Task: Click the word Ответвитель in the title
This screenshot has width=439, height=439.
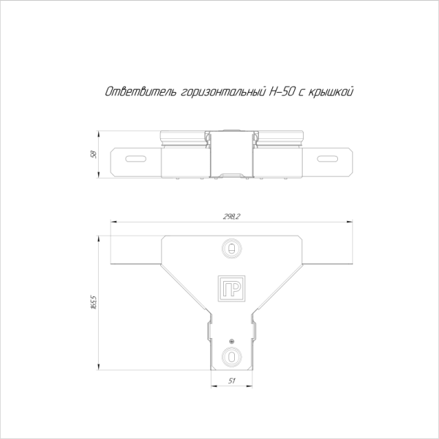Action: point(140,91)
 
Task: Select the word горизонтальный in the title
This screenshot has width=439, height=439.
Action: point(223,92)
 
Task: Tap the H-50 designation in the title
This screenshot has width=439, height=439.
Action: point(282,91)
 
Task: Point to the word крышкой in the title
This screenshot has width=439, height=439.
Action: point(331,92)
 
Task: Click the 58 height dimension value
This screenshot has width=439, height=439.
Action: point(94,154)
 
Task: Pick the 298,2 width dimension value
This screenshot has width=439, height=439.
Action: point(231,217)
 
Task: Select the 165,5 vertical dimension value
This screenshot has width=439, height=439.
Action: point(94,301)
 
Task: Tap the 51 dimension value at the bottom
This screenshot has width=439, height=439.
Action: point(231,380)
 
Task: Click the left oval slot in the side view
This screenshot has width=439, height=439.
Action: point(136,159)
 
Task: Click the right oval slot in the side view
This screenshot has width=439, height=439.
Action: point(327,159)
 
